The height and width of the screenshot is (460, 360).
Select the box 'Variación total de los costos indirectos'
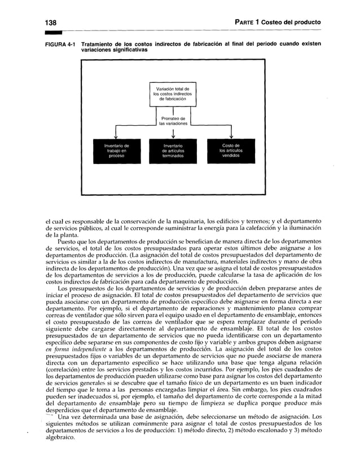(x=171, y=92)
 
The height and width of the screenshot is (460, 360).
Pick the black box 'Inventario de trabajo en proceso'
(x=116, y=151)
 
